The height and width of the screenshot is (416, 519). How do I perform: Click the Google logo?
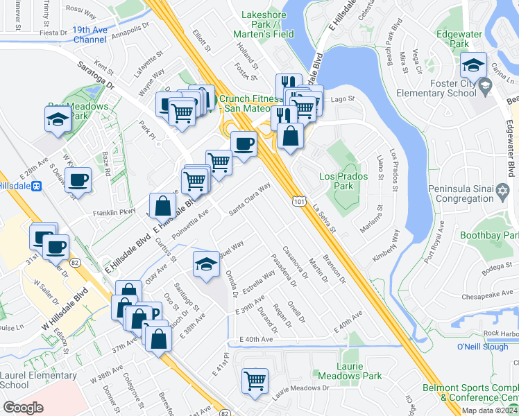tap(23, 408)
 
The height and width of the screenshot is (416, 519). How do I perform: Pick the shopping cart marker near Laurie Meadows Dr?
tap(255, 381)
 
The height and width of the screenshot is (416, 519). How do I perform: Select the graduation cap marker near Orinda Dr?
tap(206, 265)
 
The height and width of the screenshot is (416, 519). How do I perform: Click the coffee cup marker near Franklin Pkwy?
tap(78, 180)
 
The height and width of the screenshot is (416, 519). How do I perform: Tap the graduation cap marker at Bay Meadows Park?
tap(58, 119)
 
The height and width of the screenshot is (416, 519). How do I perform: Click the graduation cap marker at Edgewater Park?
tap(474, 65)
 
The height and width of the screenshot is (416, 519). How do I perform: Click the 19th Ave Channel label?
tap(90, 35)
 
